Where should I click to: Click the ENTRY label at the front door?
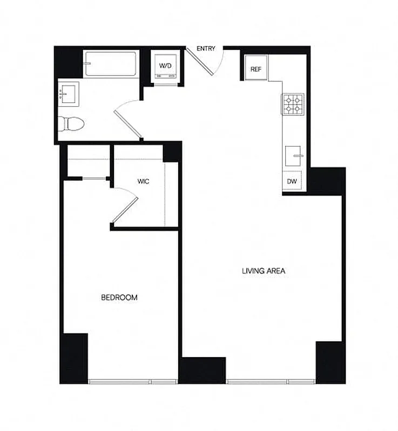[x=206, y=49]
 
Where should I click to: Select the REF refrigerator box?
[x=255, y=69]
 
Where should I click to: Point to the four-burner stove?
[x=292, y=103]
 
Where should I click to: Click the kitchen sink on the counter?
[x=294, y=156]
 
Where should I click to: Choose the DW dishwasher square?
[x=292, y=182]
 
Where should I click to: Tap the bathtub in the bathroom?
[x=110, y=64]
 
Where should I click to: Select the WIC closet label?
[x=143, y=182]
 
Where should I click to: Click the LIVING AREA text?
[x=264, y=271]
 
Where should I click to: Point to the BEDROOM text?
[x=119, y=297]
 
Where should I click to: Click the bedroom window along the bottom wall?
[x=133, y=381]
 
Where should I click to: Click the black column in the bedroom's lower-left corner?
[x=74, y=358]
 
